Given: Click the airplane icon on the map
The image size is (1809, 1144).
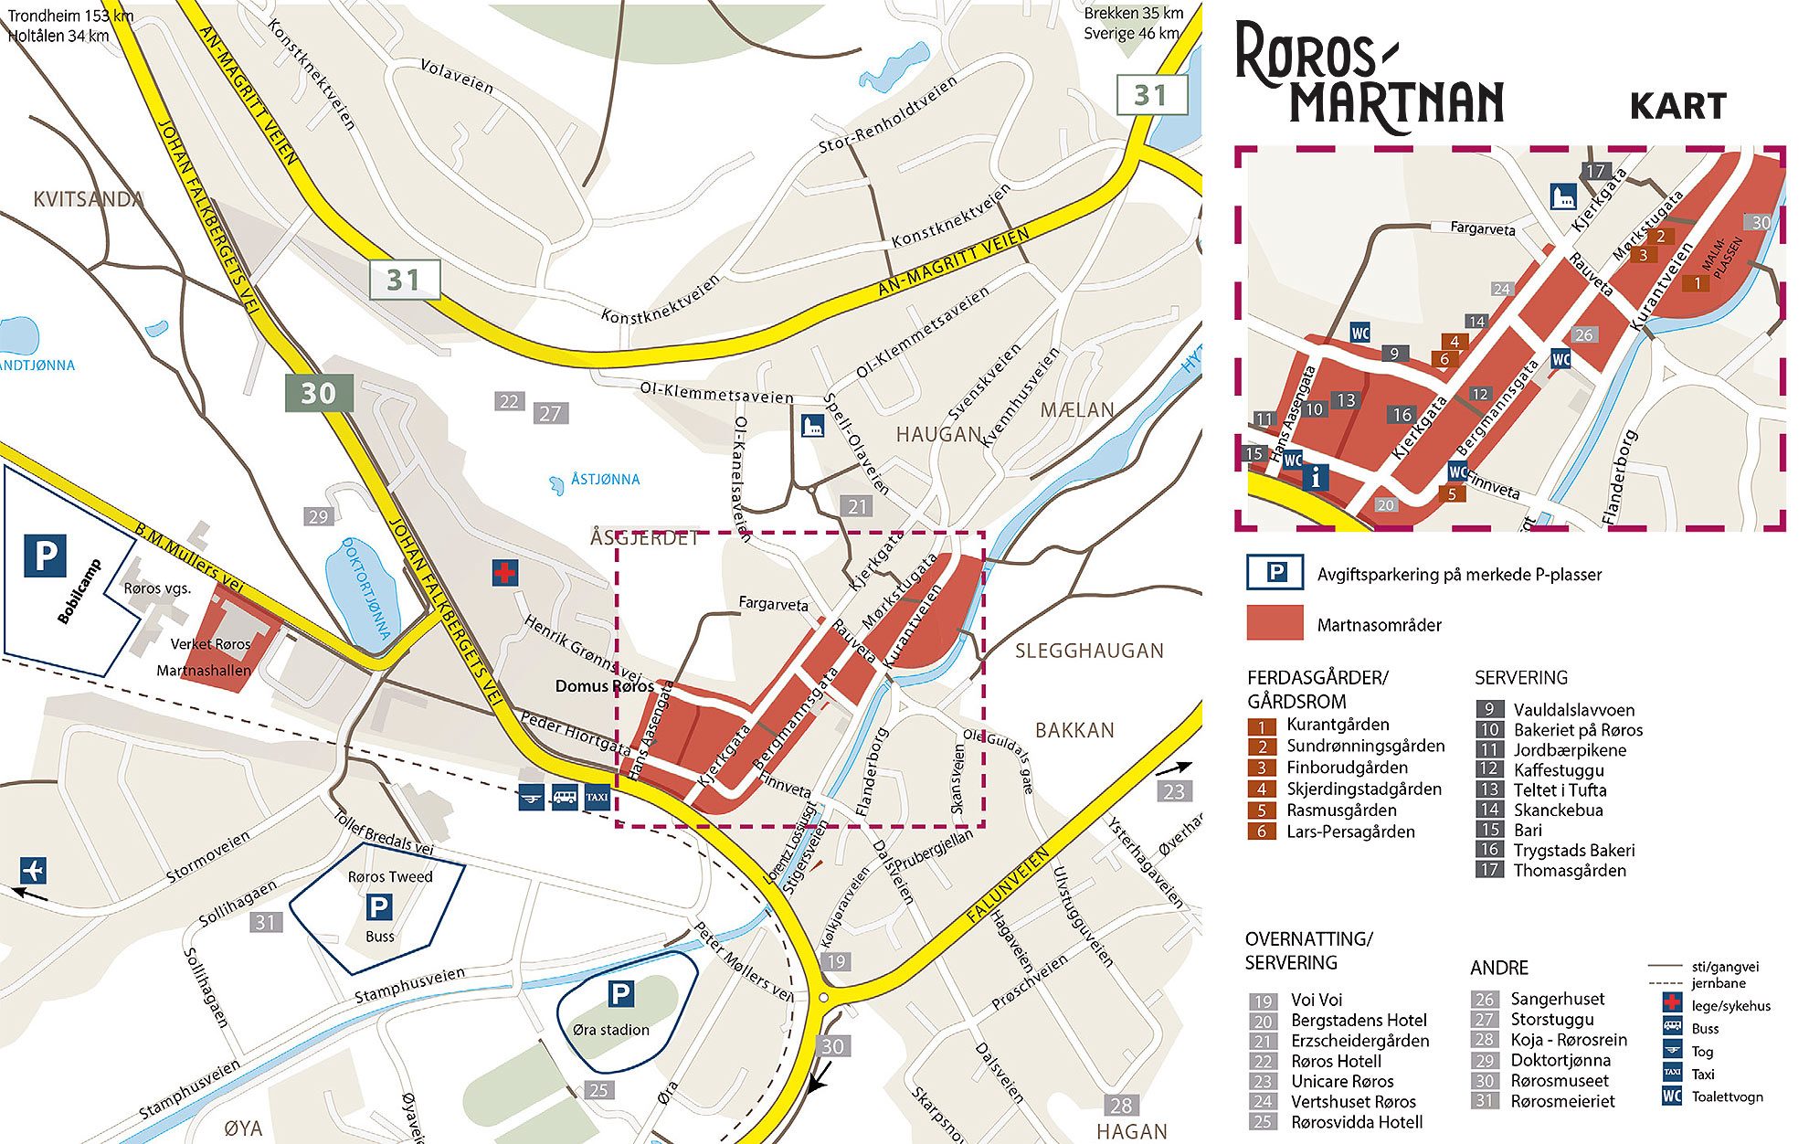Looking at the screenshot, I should point(33,869).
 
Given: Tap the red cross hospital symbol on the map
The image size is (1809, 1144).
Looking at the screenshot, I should point(504,573).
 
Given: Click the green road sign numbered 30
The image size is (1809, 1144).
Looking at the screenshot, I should point(317,394).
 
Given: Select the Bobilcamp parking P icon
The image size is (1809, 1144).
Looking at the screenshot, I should point(45,555).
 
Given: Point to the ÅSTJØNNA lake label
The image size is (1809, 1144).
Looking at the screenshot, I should point(605,479).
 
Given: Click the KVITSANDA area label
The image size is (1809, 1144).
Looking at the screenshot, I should point(88,198).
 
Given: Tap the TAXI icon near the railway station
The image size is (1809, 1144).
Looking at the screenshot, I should point(597,797).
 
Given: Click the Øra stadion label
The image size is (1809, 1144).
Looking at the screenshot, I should point(610,1030).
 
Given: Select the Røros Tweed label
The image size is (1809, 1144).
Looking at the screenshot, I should point(390,876).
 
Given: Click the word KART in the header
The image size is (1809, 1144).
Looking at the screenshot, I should point(1677,107).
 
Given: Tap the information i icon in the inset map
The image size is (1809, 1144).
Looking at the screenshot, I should point(1315,476).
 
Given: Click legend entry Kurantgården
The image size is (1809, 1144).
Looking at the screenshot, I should point(1338,725).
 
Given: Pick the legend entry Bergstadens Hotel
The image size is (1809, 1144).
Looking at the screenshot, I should point(1358,1020).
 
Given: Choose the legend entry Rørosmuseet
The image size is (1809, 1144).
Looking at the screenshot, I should point(1559,1081).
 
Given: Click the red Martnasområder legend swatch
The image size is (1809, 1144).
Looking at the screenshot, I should point(1275,624).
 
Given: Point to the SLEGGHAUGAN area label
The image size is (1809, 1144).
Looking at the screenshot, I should point(1089,651).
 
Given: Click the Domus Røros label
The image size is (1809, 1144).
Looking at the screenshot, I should point(604,686).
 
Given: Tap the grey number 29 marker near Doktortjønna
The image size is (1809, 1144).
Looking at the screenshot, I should point(317,516).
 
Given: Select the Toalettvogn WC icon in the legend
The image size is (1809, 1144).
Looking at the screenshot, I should point(1672,1096).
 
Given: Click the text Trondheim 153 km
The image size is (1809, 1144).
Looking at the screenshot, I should point(70,16).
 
